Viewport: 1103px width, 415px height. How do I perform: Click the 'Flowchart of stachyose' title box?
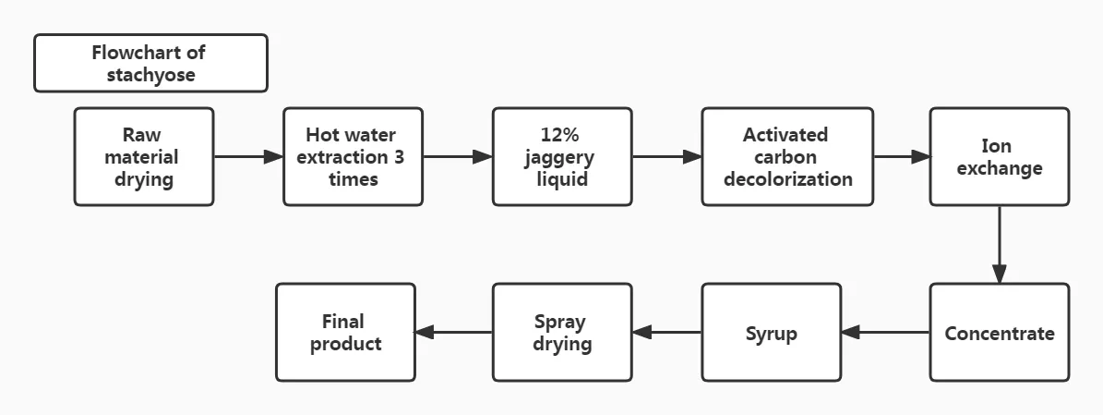[150, 63]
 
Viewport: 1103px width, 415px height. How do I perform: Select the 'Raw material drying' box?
[144, 156]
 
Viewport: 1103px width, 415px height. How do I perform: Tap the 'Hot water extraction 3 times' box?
[353, 156]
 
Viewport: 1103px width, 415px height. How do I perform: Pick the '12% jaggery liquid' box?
[562, 156]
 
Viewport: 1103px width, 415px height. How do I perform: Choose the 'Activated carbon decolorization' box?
[787, 156]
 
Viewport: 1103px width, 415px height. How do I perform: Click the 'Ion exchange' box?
[999, 156]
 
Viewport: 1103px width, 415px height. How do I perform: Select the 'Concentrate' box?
[999, 333]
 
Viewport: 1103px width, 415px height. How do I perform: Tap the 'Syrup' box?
[771, 333]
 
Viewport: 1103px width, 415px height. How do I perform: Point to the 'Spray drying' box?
[562, 333]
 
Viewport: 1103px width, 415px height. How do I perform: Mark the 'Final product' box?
[345, 333]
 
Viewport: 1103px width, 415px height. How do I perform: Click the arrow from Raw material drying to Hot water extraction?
[248, 157]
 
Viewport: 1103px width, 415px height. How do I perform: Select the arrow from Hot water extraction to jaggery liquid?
[458, 157]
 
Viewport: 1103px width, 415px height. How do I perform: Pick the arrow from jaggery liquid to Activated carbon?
[666, 157]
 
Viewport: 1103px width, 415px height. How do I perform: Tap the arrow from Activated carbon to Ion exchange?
[902, 157]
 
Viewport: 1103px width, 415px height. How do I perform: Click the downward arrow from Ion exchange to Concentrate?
[999, 244]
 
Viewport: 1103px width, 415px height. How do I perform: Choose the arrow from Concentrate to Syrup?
[885, 333]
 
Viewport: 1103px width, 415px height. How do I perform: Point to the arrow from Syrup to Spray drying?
[666, 333]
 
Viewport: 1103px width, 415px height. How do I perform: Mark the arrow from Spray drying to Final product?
[453, 333]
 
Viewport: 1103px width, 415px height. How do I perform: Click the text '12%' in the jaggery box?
[562, 135]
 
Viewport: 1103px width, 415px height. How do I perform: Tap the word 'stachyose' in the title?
[150, 75]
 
